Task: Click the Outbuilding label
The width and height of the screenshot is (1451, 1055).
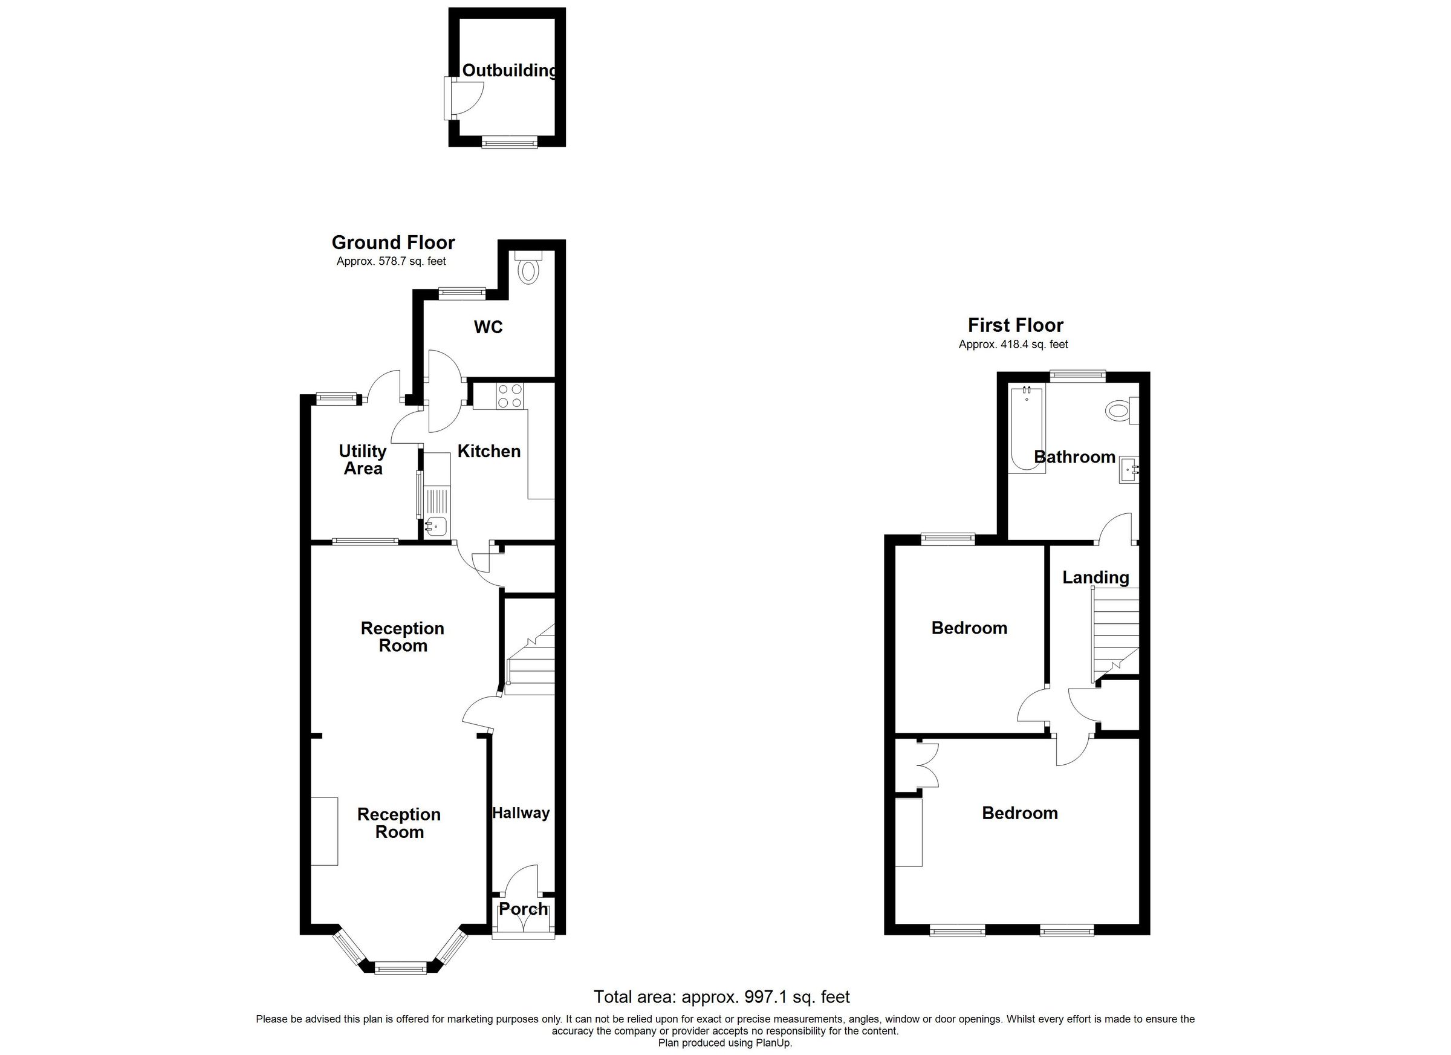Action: pyautogui.click(x=509, y=70)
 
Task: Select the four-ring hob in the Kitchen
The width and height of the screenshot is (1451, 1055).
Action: pyautogui.click(x=509, y=395)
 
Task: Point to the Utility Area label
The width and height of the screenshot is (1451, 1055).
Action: pyautogui.click(x=363, y=459)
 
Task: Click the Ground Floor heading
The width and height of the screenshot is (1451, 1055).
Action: pyautogui.click(x=393, y=242)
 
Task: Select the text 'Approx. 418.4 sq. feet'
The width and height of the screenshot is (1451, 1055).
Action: pyautogui.click(x=1013, y=344)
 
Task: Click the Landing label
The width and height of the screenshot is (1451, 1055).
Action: pyautogui.click(x=1096, y=577)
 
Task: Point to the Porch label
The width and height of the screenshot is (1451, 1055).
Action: pyautogui.click(x=523, y=909)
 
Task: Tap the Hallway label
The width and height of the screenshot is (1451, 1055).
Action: pyautogui.click(x=521, y=813)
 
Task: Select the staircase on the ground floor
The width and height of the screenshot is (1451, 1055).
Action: pyautogui.click(x=529, y=659)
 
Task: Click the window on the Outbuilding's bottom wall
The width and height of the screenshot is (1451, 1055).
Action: pyautogui.click(x=509, y=143)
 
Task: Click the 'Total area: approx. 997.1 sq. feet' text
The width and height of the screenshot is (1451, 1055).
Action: pyautogui.click(x=721, y=997)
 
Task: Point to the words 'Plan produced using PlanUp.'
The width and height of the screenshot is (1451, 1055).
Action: pyautogui.click(x=725, y=1043)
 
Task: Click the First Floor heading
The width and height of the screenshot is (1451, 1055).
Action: pyautogui.click(x=1015, y=325)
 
